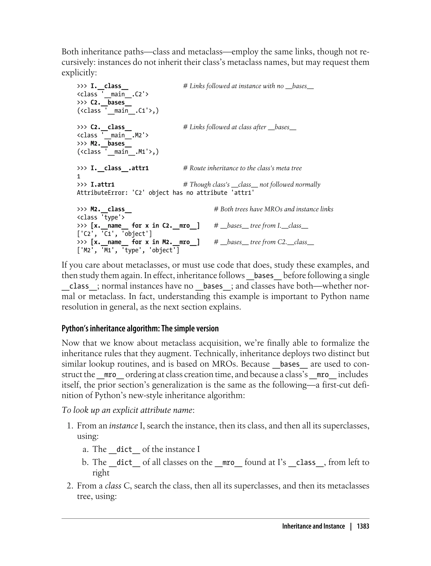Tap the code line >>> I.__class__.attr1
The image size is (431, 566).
pos(113,168)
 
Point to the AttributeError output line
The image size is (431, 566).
pos(165,193)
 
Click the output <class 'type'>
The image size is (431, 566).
pos(101,218)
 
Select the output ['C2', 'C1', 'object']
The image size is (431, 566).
pos(114,234)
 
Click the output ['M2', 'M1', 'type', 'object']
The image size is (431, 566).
pos(128,250)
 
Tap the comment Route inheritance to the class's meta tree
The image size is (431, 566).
pos(242,168)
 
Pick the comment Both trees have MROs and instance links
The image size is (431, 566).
pos(274,209)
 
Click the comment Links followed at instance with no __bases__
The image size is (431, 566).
pos(248,86)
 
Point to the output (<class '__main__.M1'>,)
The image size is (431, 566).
pos(118,152)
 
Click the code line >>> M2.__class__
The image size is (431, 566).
pos(104,209)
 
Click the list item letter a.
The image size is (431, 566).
pos(85,449)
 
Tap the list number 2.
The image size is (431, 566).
pos(70,486)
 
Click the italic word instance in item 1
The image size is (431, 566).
pos(123,426)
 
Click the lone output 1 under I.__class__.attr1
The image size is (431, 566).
pos(79,176)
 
